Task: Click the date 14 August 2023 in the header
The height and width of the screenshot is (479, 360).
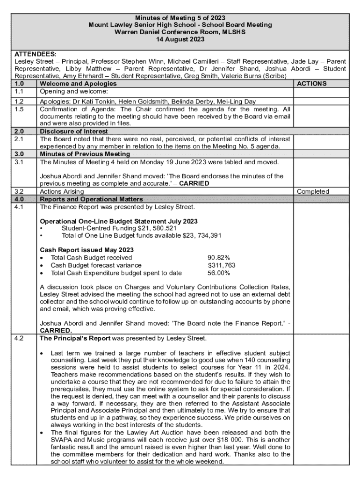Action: [x=180, y=39]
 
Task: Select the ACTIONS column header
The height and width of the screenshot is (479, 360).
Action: [x=312, y=84]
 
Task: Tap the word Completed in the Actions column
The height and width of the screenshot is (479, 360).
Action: [x=313, y=191]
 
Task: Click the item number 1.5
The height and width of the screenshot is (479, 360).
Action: [x=19, y=109]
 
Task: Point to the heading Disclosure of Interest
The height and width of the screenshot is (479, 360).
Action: [x=74, y=131]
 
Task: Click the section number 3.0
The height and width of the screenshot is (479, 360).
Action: [x=19, y=154]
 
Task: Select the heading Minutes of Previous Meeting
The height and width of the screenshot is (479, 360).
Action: [x=85, y=154]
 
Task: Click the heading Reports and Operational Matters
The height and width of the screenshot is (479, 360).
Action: [x=91, y=199]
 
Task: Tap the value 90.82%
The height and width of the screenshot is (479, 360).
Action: [x=219, y=258]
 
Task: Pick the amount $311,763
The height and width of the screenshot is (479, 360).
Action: [x=222, y=265]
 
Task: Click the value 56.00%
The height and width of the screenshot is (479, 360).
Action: [x=219, y=273]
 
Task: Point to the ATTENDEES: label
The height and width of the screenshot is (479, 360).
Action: [x=36, y=54]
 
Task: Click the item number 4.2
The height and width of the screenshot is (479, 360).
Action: [x=19, y=338]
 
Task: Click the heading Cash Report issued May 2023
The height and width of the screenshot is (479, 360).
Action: [x=87, y=250]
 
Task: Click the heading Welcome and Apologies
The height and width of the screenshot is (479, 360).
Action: [x=78, y=84]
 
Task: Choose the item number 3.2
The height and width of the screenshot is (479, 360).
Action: [x=19, y=191]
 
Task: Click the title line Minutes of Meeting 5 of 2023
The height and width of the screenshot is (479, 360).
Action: [x=180, y=18]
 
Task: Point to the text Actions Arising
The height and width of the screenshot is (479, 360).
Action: [x=62, y=191]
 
